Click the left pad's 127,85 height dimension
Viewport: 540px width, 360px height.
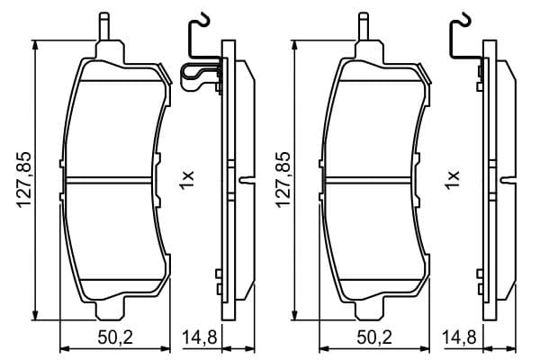point(24,180)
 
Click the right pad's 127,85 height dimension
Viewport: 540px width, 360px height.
point(283,180)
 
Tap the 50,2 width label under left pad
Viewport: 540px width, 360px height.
point(115,337)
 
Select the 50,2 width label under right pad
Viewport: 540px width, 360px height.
point(374,337)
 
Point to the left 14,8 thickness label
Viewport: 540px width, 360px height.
point(200,337)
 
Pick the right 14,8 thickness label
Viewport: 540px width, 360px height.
point(459,337)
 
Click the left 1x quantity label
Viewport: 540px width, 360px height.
point(186,179)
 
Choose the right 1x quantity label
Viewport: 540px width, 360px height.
point(453,179)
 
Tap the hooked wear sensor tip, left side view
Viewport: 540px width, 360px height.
point(204,19)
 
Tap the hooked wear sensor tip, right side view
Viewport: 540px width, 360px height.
point(465,19)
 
